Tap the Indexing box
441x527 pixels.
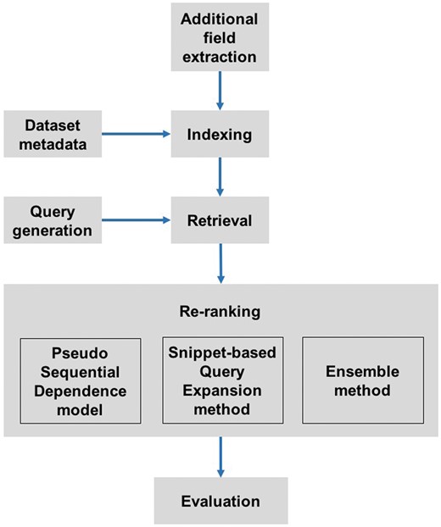pyautogui.click(x=220, y=133)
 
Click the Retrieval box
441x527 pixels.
pyautogui.click(x=220, y=222)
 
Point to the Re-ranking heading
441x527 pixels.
pyautogui.click(x=220, y=311)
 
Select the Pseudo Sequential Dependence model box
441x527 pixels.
pyautogui.click(x=75, y=380)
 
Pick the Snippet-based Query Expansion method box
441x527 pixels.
pyautogui.click(x=220, y=380)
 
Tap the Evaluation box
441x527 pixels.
pyautogui.click(x=220, y=500)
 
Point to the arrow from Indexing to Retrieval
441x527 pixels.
pyautogui.click(x=220, y=178)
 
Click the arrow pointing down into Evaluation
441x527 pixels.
pyautogui.click(x=220, y=458)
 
